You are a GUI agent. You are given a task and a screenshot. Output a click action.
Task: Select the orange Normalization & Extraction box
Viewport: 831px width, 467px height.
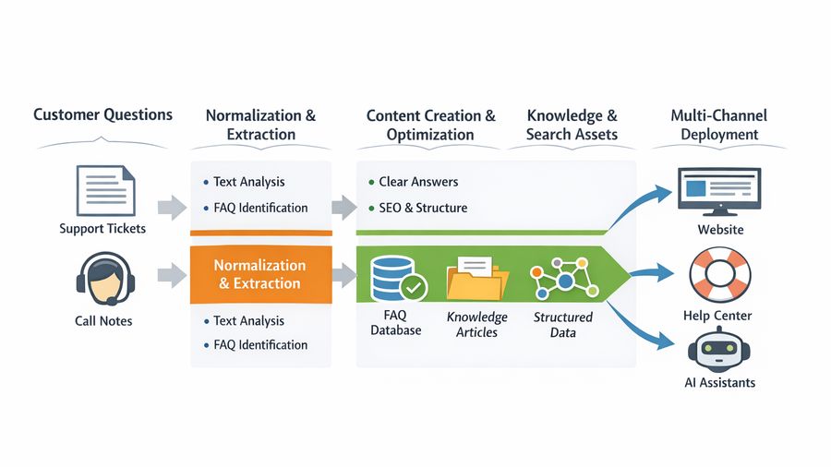tap(259, 274)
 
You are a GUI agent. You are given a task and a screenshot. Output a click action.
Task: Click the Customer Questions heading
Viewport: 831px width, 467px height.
tap(102, 115)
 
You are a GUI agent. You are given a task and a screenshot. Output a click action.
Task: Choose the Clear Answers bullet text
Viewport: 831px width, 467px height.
tap(418, 182)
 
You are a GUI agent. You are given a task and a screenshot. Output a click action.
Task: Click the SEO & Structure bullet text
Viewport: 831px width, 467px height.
tap(423, 208)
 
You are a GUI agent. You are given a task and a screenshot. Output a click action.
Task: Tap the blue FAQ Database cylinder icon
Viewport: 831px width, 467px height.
tap(392, 276)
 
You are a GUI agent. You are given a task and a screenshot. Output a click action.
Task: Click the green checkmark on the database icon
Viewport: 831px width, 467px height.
tap(413, 288)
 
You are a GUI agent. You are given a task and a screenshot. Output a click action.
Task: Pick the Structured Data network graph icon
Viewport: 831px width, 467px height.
tap(560, 276)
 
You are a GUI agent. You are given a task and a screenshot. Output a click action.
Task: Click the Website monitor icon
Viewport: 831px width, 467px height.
tap(718, 192)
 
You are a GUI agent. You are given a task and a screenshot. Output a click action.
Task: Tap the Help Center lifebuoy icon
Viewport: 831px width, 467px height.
tap(719, 276)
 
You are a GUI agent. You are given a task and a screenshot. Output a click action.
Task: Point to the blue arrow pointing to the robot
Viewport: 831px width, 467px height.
tap(645, 325)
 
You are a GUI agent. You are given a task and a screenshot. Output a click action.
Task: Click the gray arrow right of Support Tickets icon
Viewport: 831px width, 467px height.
tap(171, 206)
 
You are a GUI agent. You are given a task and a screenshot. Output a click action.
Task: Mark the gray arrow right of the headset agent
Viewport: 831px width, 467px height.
tap(171, 274)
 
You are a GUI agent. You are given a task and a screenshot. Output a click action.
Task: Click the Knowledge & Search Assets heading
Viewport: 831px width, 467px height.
tap(572, 125)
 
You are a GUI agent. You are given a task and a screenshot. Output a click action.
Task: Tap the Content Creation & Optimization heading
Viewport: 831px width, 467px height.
tap(430, 125)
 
